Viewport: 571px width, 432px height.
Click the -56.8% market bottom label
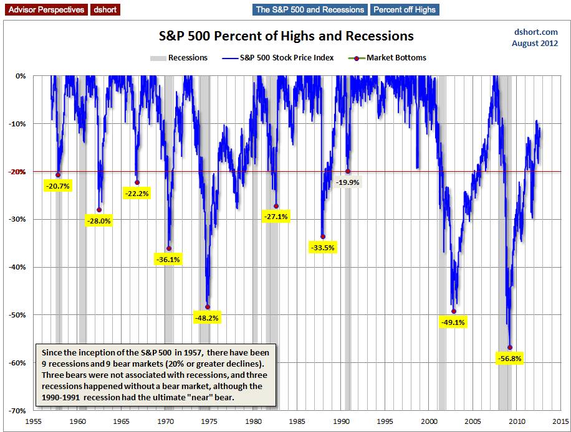click(x=509, y=358)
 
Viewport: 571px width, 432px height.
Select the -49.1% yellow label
click(x=453, y=322)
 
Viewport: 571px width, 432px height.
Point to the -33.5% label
click(x=322, y=247)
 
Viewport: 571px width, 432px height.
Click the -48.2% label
click(x=207, y=317)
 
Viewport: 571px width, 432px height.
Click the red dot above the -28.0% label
click(x=98, y=210)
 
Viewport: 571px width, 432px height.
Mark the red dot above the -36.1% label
click(x=168, y=248)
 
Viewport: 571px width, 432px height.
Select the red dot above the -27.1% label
click(x=276, y=206)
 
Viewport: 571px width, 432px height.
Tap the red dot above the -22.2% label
click(x=137, y=182)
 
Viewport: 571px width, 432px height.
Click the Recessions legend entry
click(x=179, y=57)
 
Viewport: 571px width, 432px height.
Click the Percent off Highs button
click(x=405, y=9)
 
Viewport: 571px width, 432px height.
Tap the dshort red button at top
click(x=105, y=9)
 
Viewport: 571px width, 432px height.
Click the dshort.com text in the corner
click(x=535, y=32)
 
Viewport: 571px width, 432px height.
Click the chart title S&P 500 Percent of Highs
click(x=285, y=35)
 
